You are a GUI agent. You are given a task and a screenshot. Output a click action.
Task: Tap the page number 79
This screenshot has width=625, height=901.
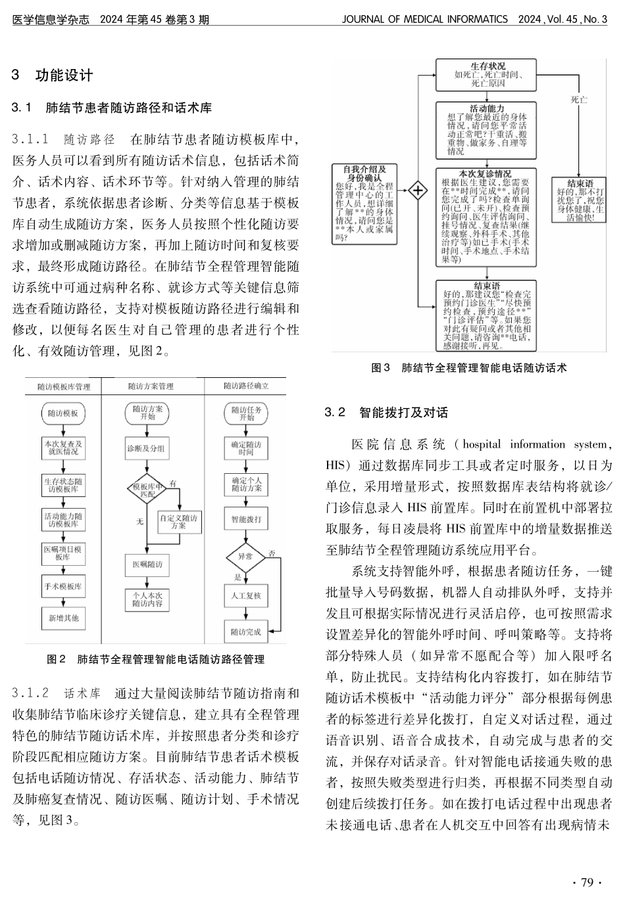click(583, 882)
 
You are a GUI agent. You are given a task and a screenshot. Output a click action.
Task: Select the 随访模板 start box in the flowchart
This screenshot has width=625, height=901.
click(63, 413)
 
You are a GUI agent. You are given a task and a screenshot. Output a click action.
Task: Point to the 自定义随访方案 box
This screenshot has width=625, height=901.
click(178, 522)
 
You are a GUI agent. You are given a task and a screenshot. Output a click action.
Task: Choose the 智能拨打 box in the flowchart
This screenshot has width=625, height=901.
click(246, 519)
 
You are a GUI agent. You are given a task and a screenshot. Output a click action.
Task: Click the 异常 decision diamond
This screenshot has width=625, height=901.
click(245, 556)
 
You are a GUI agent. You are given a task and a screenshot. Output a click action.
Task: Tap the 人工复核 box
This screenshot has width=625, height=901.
click(246, 595)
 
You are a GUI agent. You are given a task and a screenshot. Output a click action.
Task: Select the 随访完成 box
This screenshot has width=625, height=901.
click(246, 632)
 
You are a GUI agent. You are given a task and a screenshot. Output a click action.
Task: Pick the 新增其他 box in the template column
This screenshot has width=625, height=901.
click(63, 618)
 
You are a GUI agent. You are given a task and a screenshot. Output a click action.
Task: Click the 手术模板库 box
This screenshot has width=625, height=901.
click(63, 586)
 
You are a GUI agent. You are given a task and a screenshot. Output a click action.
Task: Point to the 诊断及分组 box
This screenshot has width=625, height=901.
click(147, 449)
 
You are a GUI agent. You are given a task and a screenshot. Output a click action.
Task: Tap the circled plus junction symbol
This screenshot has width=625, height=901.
click(417, 191)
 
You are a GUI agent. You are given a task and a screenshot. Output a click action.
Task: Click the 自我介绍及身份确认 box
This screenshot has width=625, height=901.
click(364, 204)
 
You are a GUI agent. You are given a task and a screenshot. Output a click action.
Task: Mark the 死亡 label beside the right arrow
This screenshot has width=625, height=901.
click(578, 99)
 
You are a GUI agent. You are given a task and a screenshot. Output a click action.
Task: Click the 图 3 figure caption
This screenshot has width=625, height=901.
click(468, 368)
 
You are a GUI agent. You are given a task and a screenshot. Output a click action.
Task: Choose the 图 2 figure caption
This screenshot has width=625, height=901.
click(156, 658)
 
